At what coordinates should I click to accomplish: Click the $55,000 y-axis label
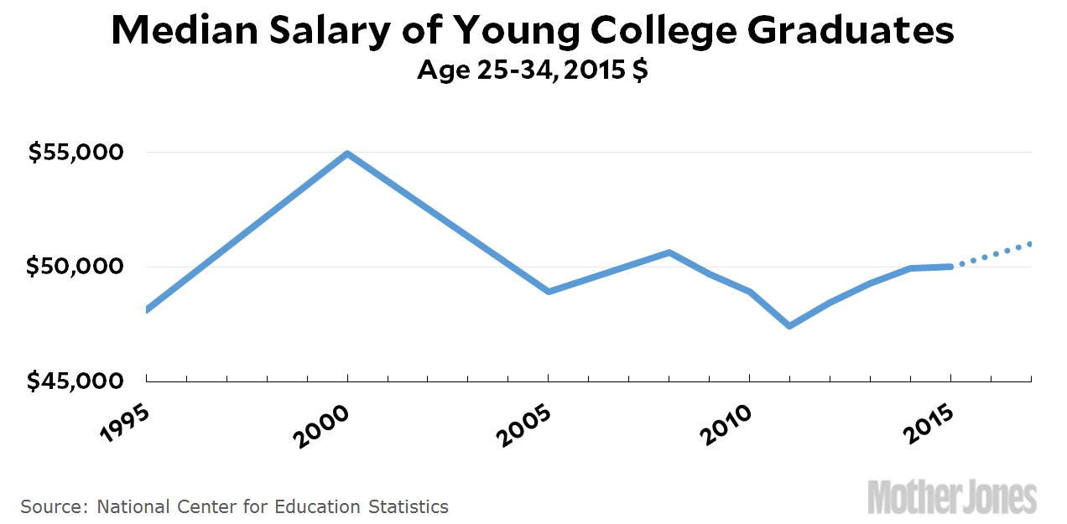click(75, 153)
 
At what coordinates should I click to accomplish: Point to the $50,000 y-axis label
click(75, 267)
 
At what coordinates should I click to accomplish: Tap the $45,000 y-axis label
click(75, 381)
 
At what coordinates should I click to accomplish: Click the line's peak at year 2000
click(347, 154)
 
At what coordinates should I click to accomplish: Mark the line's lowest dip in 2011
click(789, 325)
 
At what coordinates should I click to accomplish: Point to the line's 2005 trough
click(548, 291)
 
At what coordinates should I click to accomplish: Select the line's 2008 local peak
click(669, 252)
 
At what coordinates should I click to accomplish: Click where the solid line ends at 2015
click(950, 267)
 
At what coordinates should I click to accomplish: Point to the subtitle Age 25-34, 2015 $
click(533, 70)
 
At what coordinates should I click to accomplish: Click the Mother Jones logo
click(952, 495)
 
